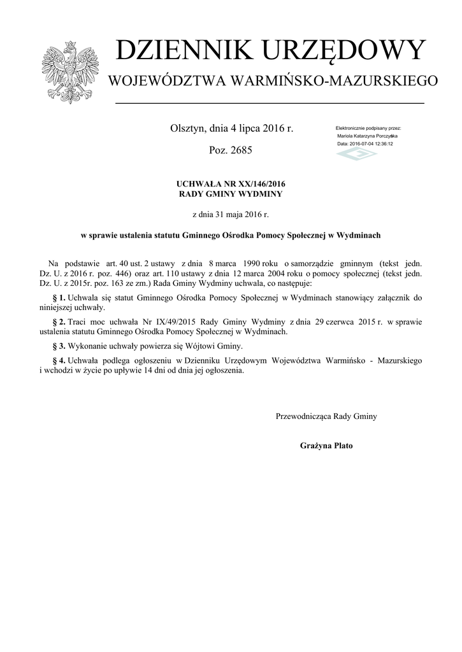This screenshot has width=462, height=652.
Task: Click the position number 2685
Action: click(240, 152)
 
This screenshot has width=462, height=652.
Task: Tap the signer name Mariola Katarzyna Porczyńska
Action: click(367, 136)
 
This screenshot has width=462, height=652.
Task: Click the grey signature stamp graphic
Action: click(357, 155)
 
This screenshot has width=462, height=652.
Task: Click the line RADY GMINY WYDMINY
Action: click(231, 194)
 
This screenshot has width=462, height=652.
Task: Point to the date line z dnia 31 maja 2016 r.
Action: click(231, 215)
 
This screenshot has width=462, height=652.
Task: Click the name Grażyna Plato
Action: click(326, 446)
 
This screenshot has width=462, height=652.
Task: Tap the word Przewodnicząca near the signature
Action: click(303, 416)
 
